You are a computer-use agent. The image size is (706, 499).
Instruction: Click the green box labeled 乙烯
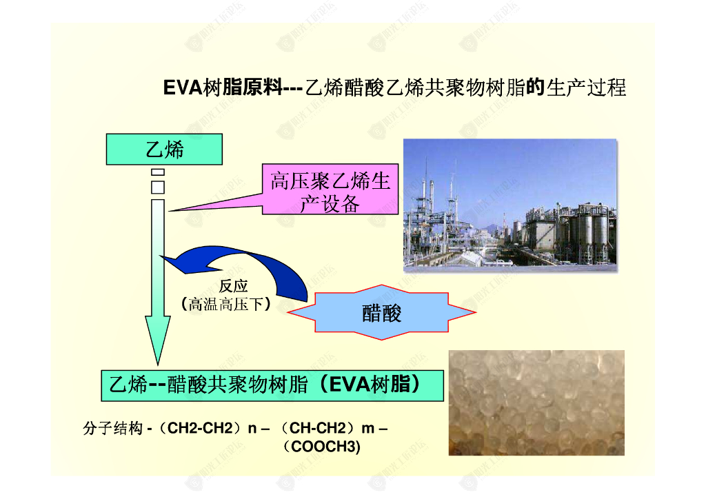point(164,150)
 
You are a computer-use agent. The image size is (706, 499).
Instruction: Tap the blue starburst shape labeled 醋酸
point(381,313)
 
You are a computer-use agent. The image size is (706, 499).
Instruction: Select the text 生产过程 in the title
point(586,88)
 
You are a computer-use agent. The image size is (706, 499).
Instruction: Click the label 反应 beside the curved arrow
point(233,286)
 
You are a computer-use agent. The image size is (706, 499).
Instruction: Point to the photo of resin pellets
point(536,403)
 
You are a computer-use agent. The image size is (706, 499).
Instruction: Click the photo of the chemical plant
point(510,205)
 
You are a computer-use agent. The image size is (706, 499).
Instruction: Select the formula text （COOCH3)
point(322,447)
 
